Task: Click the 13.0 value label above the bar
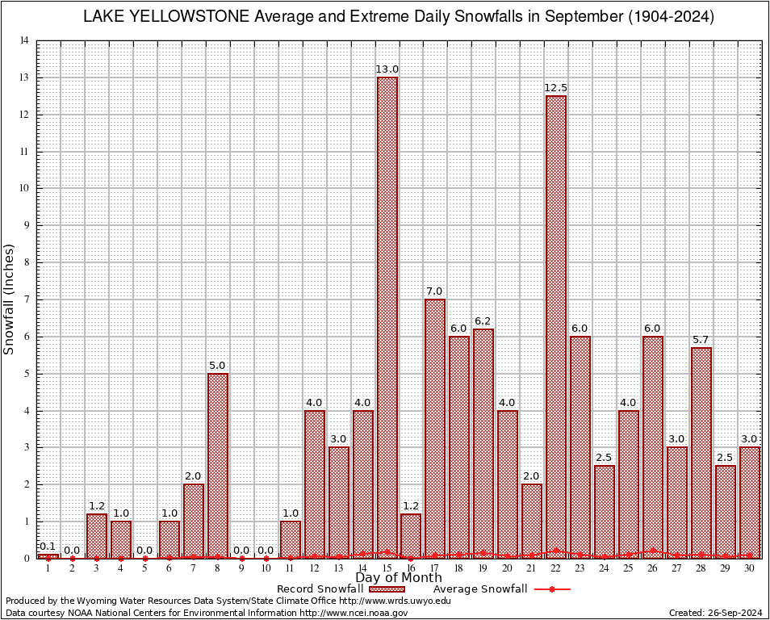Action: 387,69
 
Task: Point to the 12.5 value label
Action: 556,88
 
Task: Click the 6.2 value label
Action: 483,321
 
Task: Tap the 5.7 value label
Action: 701,340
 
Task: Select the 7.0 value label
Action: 435,291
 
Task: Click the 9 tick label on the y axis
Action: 26,226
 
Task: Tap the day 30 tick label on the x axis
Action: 750,568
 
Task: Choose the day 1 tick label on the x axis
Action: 48,568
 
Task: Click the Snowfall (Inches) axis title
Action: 10,299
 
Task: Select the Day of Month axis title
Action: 399,578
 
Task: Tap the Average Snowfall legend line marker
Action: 551,589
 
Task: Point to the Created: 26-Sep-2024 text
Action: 716,613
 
